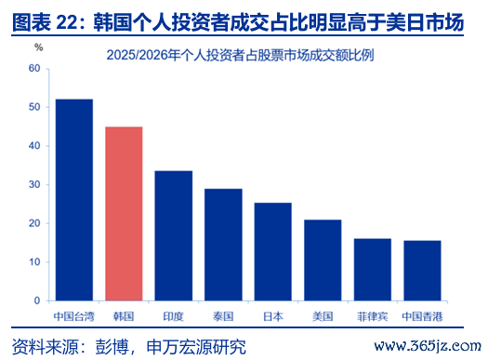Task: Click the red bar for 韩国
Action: point(124,214)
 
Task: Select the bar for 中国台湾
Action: point(74,200)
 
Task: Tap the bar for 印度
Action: point(174,235)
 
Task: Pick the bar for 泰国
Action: point(223,245)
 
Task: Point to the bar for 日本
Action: point(273,251)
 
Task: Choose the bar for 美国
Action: point(323,260)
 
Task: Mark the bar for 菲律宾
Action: point(373,270)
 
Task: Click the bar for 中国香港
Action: point(422,271)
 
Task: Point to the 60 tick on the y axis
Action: point(34,69)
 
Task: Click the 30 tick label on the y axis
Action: point(34,185)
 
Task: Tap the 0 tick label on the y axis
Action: point(37,300)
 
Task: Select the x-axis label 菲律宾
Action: point(373,316)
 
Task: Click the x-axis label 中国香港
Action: point(422,316)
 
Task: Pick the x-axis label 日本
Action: point(273,316)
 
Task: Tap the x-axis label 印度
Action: point(174,316)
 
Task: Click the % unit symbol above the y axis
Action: point(39,47)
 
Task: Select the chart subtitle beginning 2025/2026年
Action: point(240,56)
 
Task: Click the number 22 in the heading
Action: point(67,22)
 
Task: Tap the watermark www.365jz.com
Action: point(428,346)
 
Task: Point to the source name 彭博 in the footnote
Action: point(112,347)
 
